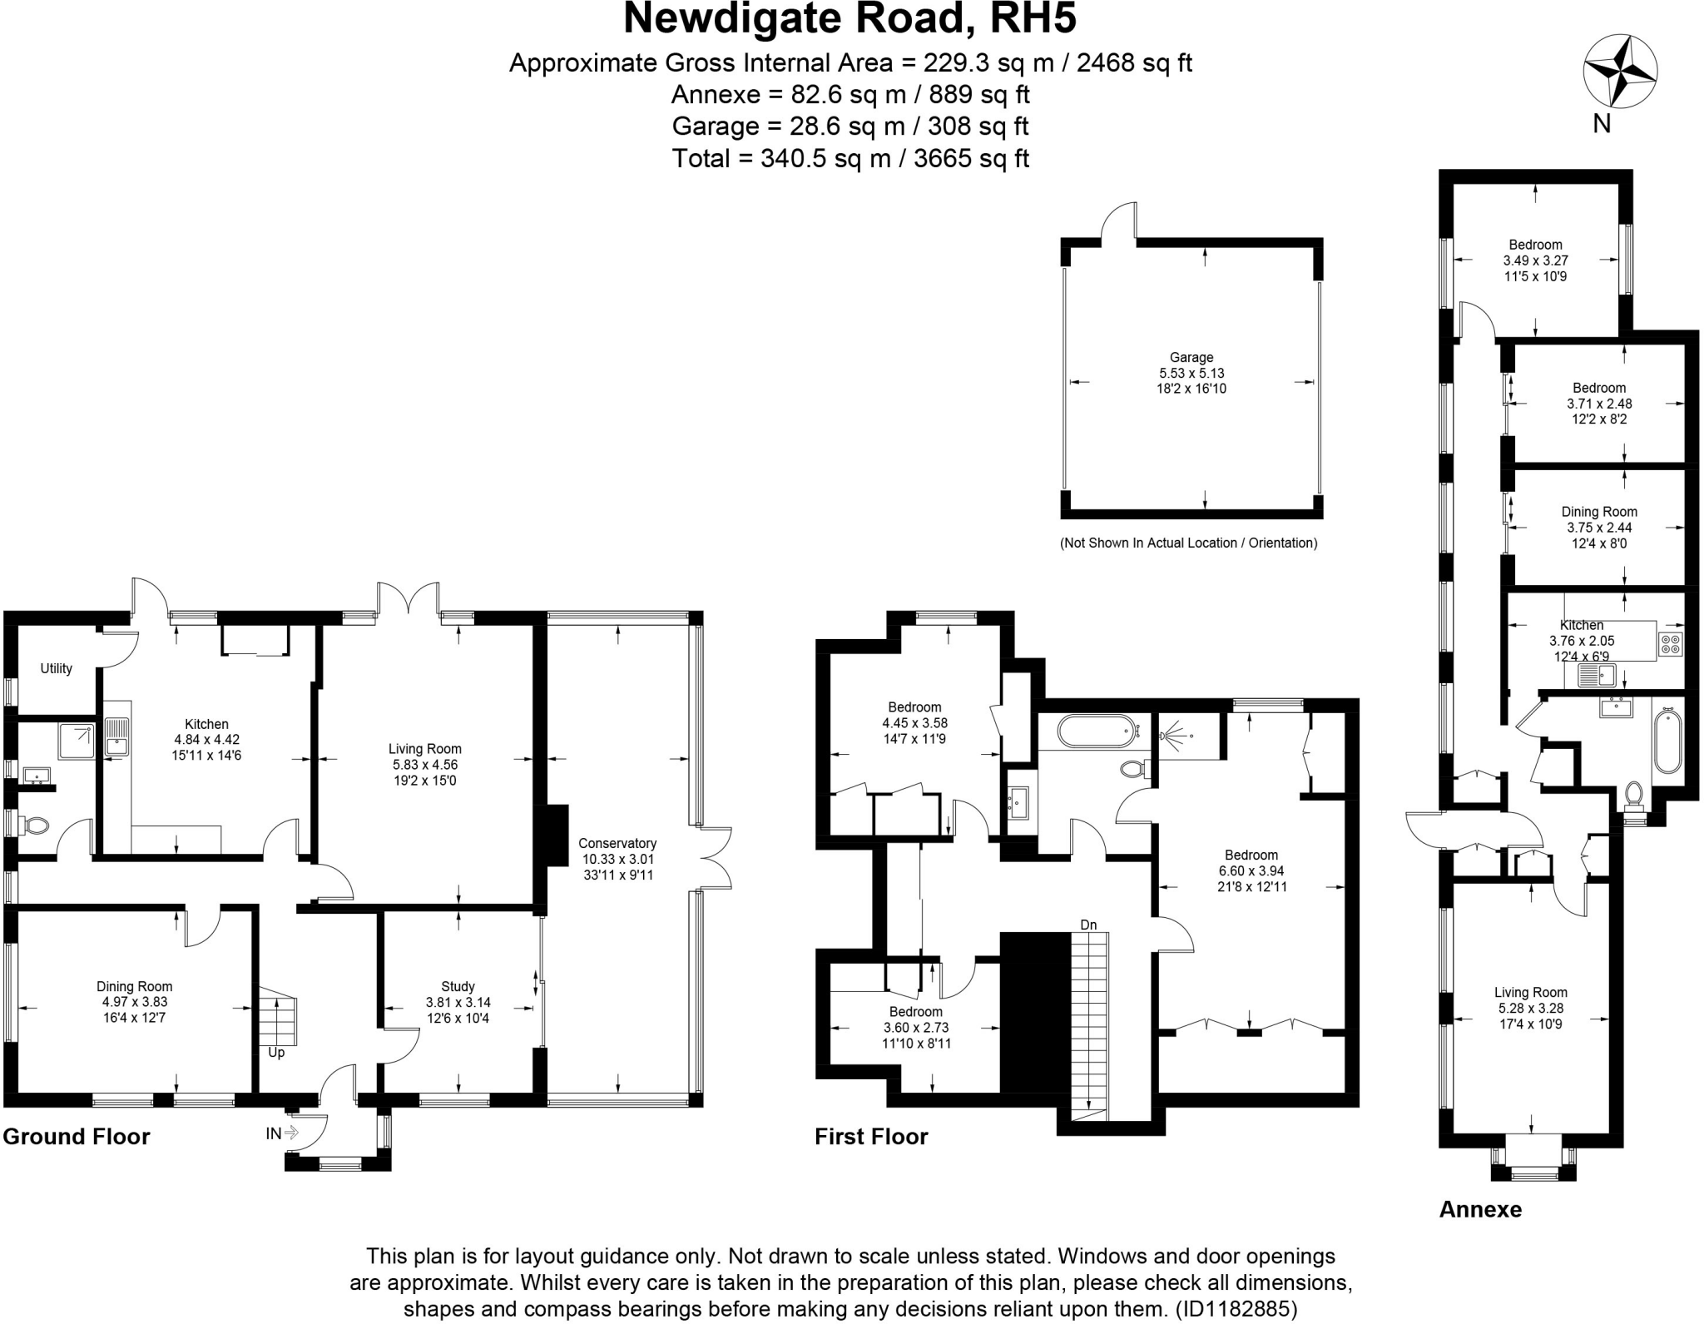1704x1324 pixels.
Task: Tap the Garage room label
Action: click(x=1191, y=358)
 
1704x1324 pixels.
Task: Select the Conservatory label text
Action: click(x=617, y=843)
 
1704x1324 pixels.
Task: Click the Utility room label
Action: click(x=56, y=668)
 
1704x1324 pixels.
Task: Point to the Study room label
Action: click(x=458, y=986)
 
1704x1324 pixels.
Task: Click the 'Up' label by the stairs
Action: click(x=276, y=1053)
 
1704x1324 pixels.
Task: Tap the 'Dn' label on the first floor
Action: click(x=1088, y=925)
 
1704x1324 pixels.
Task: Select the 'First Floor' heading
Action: click(x=870, y=1137)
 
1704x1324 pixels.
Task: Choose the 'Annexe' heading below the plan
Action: click(x=1480, y=1209)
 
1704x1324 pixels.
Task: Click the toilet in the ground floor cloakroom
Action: click(x=36, y=826)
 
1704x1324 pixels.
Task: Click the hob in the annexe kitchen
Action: click(x=1670, y=642)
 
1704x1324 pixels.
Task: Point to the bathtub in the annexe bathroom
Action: click(x=1667, y=741)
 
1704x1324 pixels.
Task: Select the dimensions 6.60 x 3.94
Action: click(x=1251, y=870)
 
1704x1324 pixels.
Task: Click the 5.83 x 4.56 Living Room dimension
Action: click(x=424, y=764)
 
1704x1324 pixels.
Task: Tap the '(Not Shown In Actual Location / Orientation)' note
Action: click(x=1188, y=543)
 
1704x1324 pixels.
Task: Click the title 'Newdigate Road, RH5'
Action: click(x=850, y=18)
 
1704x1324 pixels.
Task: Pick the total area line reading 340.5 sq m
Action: click(x=850, y=158)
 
